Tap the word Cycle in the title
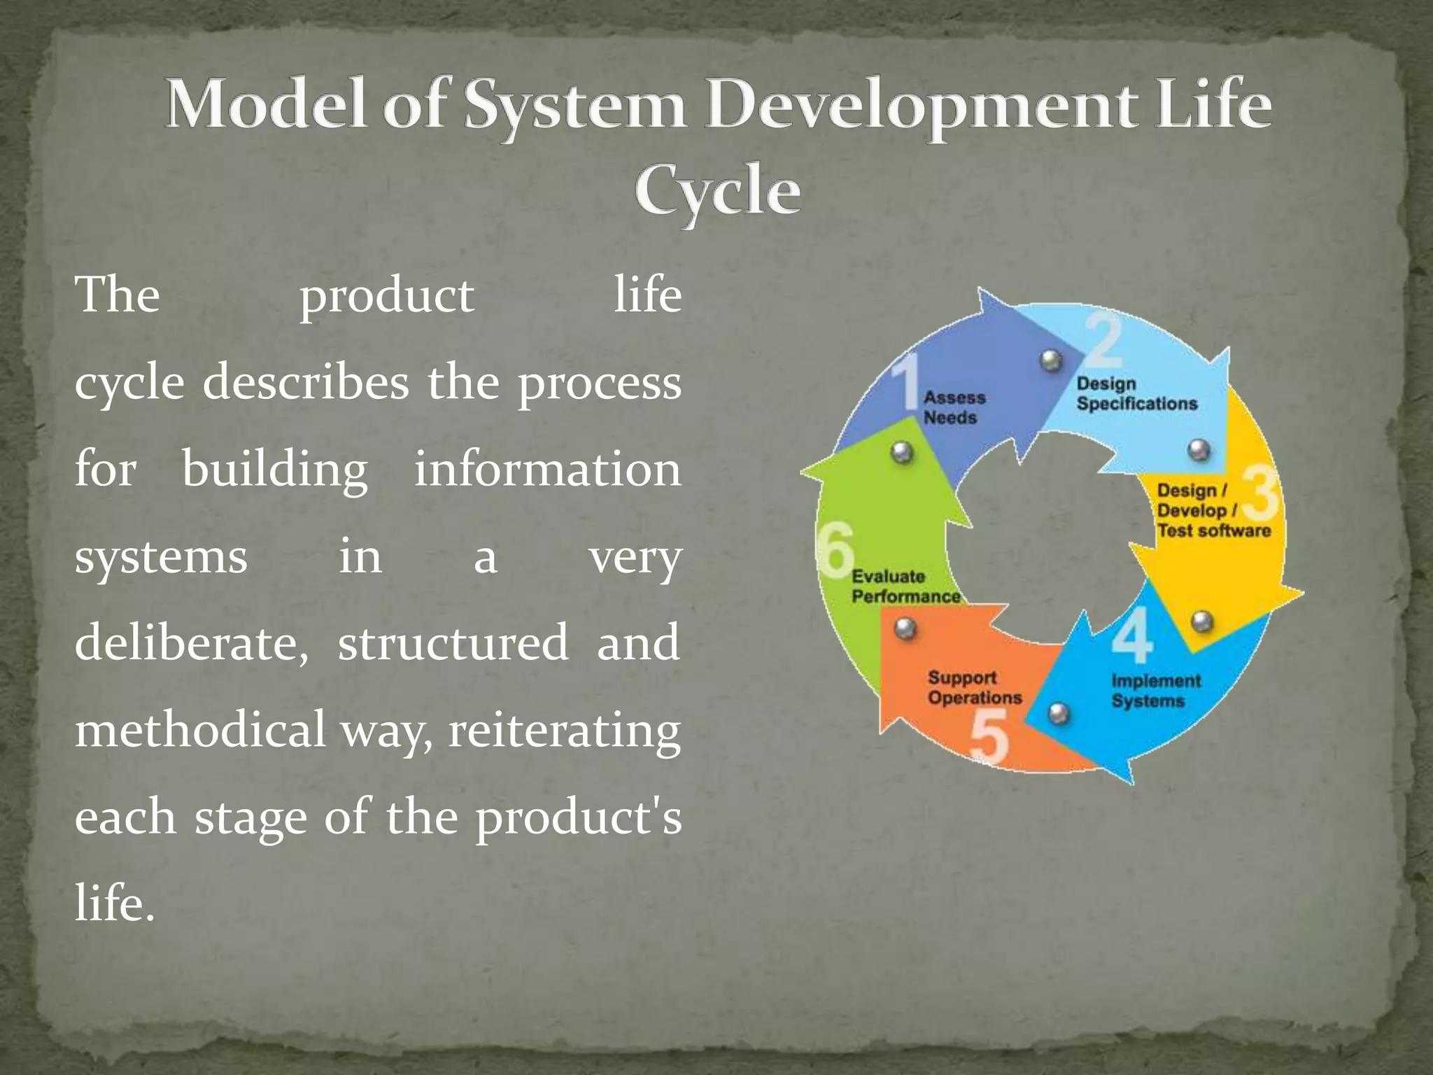click(717, 190)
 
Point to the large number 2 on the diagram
click(1104, 342)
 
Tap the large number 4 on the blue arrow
click(1132, 635)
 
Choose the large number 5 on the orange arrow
click(989, 738)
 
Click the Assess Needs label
click(954, 407)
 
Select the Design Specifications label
click(1136, 393)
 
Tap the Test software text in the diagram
click(1213, 531)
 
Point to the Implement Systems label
click(1155, 691)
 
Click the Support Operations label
click(974, 687)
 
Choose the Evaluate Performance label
click(905, 586)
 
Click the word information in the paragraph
click(547, 469)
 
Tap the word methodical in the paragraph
click(200, 729)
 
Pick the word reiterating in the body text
click(564, 731)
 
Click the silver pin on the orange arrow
click(905, 628)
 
